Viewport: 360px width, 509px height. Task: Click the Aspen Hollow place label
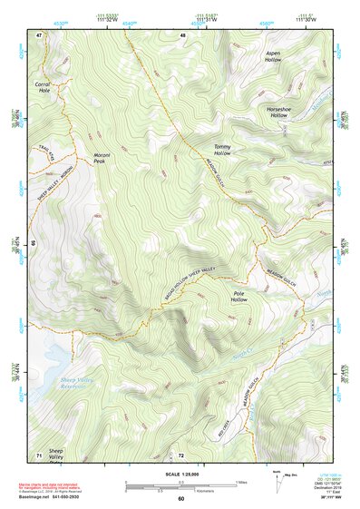click(273, 56)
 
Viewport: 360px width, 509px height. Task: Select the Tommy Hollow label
click(222, 151)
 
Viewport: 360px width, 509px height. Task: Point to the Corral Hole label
click(42, 89)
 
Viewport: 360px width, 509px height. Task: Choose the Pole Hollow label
click(239, 297)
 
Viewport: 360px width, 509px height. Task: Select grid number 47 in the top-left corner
click(39, 35)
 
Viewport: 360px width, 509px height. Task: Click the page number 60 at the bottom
click(180, 499)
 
